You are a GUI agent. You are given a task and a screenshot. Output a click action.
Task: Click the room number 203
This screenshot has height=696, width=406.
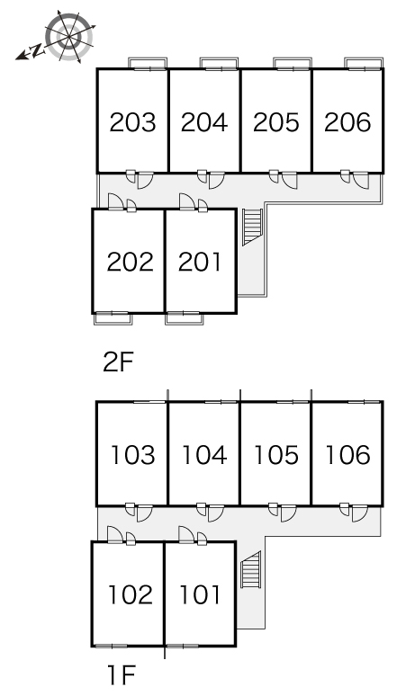[133, 122]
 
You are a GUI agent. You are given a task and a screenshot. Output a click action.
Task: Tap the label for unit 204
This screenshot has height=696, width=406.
[204, 122]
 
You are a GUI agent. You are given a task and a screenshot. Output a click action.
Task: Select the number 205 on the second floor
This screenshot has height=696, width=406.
[276, 122]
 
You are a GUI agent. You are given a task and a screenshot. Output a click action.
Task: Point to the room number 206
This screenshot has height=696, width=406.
[347, 122]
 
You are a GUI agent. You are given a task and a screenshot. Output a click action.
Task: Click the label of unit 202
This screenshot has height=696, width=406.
[131, 262]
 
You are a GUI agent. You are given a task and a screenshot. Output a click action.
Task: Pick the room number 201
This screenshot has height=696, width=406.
[200, 262]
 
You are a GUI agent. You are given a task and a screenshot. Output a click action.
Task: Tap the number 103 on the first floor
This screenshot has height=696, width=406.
[133, 455]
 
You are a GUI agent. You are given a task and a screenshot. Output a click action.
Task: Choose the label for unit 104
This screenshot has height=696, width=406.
[204, 455]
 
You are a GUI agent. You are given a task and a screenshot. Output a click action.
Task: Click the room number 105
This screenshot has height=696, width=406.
[276, 455]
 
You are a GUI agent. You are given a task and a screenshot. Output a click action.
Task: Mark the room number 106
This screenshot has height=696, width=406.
[347, 455]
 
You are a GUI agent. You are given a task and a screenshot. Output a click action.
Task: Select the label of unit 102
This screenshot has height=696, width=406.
[131, 594]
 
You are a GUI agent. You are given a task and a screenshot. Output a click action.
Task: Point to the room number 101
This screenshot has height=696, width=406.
[200, 594]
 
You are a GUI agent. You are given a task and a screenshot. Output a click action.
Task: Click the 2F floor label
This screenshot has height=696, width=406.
[118, 362]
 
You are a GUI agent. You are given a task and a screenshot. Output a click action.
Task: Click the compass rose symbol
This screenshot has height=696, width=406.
[69, 37]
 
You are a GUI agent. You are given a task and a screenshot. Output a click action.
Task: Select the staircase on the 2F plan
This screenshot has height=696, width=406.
[252, 227]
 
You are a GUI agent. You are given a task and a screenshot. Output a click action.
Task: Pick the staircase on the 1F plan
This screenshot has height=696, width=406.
[250, 570]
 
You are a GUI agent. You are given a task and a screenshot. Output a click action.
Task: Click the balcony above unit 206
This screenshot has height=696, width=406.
[364, 63]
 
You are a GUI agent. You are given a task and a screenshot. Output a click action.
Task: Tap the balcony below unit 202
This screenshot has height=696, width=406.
[113, 317]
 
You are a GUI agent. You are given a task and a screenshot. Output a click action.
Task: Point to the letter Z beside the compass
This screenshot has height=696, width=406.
[39, 49]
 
